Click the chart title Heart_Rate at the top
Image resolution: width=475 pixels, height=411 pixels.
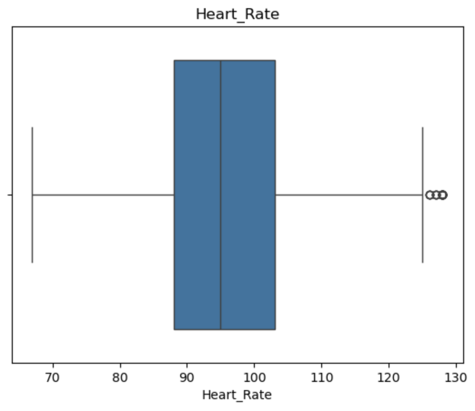click(x=237, y=14)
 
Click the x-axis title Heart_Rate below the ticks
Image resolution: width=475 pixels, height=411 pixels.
click(x=237, y=395)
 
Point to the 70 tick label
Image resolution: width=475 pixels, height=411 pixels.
click(x=53, y=378)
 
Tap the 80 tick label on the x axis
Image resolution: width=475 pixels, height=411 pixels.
click(x=120, y=378)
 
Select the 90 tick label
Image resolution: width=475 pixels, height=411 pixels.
click(x=187, y=378)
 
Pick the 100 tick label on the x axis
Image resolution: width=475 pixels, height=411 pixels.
click(x=254, y=378)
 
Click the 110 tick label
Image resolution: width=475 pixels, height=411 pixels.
click(x=321, y=378)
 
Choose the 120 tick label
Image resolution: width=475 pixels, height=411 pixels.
click(x=389, y=378)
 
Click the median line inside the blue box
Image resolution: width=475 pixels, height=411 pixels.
click(x=221, y=195)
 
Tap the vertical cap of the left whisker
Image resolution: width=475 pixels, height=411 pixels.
click(x=32, y=195)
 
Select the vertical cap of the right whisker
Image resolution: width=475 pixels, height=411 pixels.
click(x=423, y=195)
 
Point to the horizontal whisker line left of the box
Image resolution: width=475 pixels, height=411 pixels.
click(x=103, y=195)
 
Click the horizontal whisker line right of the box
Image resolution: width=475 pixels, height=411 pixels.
click(x=349, y=195)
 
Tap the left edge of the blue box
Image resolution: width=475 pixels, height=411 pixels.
click(x=174, y=195)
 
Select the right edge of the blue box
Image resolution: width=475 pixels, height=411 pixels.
click(x=275, y=195)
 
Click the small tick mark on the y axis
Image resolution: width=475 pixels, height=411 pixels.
click(x=10, y=195)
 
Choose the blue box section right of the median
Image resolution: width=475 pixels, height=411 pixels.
click(x=248, y=195)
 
